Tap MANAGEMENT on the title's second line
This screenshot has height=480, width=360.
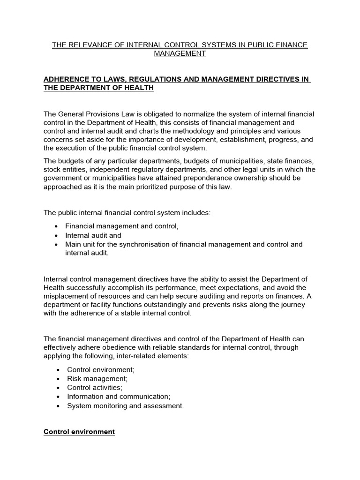[x=180, y=53]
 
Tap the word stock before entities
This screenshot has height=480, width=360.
[x=52, y=170]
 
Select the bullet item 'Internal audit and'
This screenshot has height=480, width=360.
[x=93, y=236]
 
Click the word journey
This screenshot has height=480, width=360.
[x=292, y=305]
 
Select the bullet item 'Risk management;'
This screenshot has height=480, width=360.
[x=97, y=378]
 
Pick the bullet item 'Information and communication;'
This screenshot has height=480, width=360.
[x=118, y=397]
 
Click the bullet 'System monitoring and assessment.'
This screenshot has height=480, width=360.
[x=125, y=406]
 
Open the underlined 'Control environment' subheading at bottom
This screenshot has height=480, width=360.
[x=79, y=432]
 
